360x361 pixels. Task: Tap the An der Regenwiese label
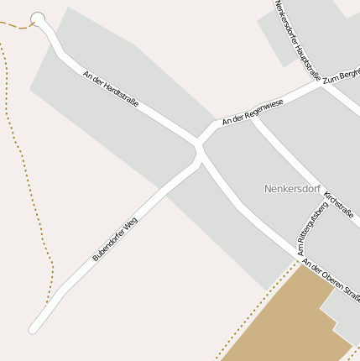(x=252, y=112)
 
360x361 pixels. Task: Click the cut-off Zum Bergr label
(x=341, y=75)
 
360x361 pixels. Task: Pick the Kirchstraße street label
(x=338, y=202)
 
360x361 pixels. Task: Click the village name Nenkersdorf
(x=292, y=188)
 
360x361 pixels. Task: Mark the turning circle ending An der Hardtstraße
(x=38, y=18)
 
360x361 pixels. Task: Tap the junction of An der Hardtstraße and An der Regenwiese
(x=199, y=140)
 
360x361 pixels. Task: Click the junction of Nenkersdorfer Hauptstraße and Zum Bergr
(x=319, y=82)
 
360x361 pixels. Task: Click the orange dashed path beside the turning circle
(x=14, y=26)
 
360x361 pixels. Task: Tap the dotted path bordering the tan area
(x=252, y=315)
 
